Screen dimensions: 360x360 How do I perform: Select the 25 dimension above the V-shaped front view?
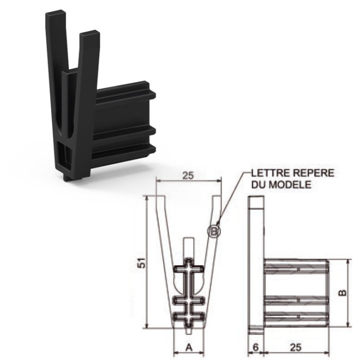click(x=188, y=176)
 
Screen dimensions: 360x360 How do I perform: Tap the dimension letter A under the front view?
click(x=188, y=346)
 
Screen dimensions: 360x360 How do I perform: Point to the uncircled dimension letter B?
click(x=342, y=293)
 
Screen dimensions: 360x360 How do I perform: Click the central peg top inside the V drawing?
click(x=188, y=239)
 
